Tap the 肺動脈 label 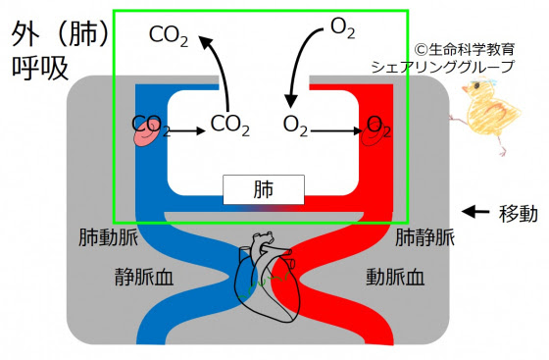click(109, 237)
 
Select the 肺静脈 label click(424, 237)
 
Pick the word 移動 click(518, 212)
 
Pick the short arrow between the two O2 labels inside click(336, 127)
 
